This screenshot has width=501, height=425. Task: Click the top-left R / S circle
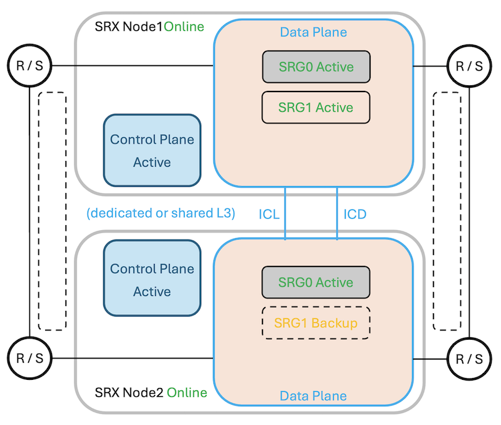tap(29, 66)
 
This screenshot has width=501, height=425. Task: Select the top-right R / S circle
tap(469, 66)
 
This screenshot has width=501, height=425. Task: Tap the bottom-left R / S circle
tap(29, 359)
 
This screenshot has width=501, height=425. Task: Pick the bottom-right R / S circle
tap(469, 359)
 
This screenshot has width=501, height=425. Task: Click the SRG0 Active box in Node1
tap(316, 67)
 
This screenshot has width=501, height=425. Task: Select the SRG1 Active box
tap(316, 107)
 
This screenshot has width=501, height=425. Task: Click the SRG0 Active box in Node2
tap(316, 282)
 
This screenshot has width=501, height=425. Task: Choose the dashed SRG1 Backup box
tap(316, 323)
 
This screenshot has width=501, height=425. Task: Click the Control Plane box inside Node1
tap(152, 150)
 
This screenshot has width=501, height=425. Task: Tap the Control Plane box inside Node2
tap(152, 280)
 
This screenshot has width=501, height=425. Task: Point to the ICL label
tap(269, 214)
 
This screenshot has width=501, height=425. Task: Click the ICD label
tap(355, 214)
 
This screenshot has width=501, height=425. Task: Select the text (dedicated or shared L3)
tap(161, 213)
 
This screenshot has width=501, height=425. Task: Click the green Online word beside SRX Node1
tap(184, 27)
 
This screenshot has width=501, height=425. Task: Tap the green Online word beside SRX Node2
tap(187, 393)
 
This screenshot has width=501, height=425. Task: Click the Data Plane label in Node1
tap(313, 32)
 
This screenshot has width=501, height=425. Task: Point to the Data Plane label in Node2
tap(313, 396)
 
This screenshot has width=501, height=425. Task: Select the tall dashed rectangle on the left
tap(52, 211)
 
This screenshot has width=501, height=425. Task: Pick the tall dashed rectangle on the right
tap(447, 211)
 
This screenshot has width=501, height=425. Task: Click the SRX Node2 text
tap(129, 393)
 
